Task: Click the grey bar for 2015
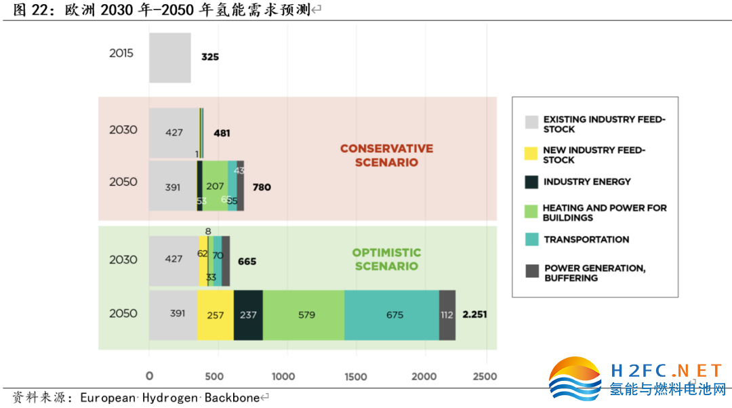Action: click(x=170, y=58)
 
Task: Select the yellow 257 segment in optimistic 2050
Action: click(x=216, y=315)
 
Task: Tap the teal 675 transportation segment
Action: click(x=392, y=315)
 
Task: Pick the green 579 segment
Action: click(x=304, y=315)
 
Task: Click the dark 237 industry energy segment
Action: click(x=248, y=315)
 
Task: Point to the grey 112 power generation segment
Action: click(x=447, y=315)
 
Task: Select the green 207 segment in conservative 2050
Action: click(x=216, y=185)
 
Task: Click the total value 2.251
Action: click(x=474, y=314)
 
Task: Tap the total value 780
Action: click(x=261, y=187)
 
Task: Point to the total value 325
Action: click(x=210, y=57)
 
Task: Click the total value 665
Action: click(x=247, y=261)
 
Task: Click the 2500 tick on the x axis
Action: click(x=485, y=377)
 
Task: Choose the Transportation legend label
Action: click(x=586, y=239)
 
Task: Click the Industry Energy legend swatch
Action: click(x=532, y=182)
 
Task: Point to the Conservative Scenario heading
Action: click(x=386, y=155)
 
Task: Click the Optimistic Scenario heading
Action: click(x=386, y=259)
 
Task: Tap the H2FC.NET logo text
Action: click(x=667, y=370)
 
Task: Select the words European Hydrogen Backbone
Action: click(x=169, y=398)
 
